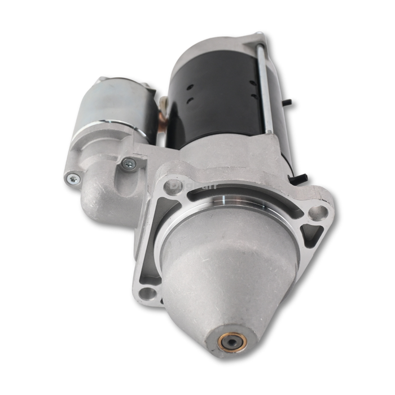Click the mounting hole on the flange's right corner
318,212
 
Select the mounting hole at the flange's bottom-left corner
147,293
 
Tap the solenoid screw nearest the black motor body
128,164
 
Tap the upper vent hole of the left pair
191,87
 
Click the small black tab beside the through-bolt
288,103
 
